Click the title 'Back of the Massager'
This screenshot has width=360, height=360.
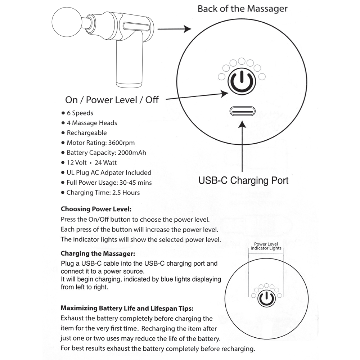tap(242, 9)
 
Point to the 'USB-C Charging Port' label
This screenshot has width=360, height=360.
tap(243, 180)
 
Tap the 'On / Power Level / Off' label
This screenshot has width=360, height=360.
tap(112, 100)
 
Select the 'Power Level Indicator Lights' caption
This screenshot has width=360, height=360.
tap(266, 246)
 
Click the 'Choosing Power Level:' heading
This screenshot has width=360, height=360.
tap(96, 209)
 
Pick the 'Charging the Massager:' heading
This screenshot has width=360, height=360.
tap(98, 253)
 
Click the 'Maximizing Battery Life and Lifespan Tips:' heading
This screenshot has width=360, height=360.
tap(127, 308)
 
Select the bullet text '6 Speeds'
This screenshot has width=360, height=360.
tap(80, 113)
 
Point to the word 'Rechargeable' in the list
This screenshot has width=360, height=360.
tap(87, 133)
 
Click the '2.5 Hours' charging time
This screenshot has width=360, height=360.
tap(126, 193)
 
